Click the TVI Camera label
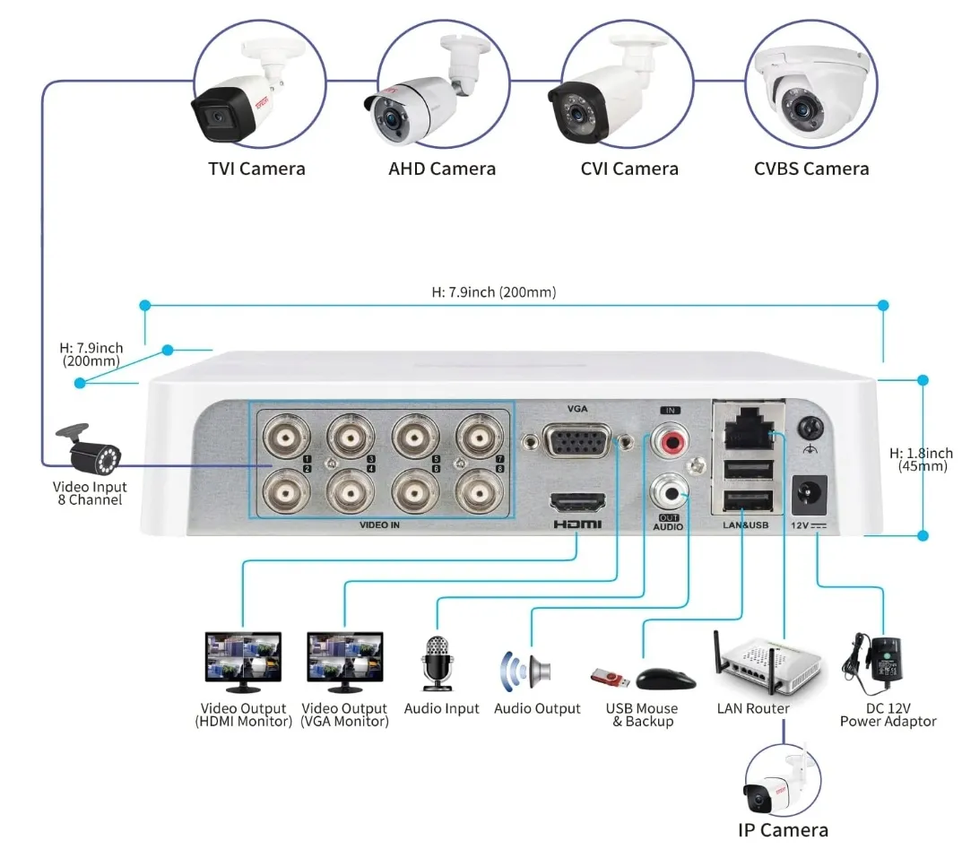[256, 169]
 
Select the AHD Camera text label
[442, 169]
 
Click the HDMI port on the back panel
[576, 504]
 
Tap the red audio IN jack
[669, 440]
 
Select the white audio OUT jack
[670, 490]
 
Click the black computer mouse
[666, 679]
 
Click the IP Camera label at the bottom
[783, 829]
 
